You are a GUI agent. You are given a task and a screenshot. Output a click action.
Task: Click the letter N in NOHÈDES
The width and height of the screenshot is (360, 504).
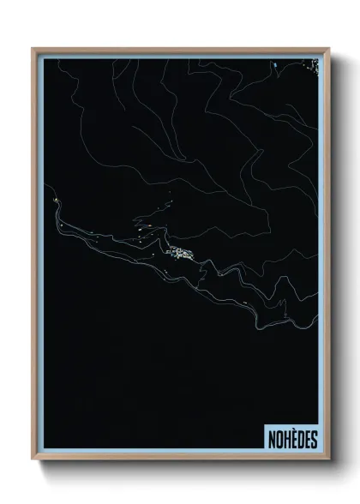tap(270, 439)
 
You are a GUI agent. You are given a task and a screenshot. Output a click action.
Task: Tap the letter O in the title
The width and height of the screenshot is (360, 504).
tap(278, 439)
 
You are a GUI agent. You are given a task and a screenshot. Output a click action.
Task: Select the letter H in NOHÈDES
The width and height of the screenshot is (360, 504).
tap(285, 439)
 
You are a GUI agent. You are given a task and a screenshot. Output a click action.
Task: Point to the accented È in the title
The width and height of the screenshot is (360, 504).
tap(293, 439)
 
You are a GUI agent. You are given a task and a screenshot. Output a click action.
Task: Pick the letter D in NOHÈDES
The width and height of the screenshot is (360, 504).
tap(300, 439)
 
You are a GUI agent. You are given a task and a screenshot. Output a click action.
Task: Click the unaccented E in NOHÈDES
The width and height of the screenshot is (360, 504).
tap(307, 439)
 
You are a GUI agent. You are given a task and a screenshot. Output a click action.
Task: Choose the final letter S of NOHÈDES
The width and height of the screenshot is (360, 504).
tap(314, 439)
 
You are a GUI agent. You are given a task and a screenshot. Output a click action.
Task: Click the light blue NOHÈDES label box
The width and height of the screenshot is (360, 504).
tap(291, 438)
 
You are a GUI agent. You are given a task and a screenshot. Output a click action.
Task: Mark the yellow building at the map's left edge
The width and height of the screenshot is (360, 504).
tap(54, 201)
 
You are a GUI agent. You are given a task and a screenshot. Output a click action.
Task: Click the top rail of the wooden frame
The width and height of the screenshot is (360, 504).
tap(180, 50)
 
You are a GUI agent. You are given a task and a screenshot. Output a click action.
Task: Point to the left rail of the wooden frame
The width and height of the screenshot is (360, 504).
tap(34, 257)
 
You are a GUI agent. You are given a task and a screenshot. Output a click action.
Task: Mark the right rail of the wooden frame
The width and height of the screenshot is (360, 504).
tap(327, 257)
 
